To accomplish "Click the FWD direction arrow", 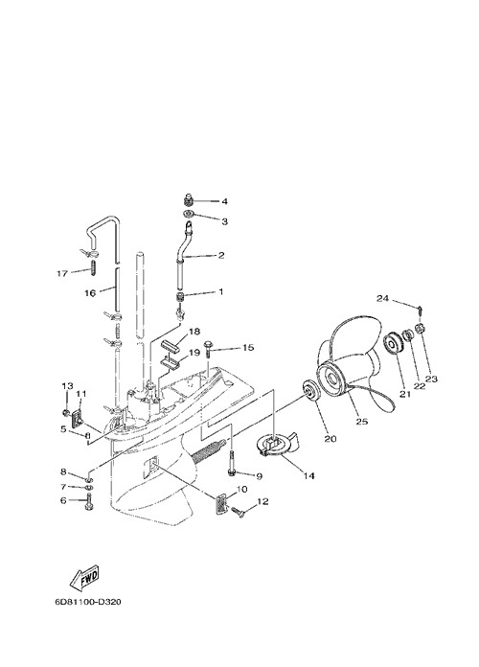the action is [84, 578].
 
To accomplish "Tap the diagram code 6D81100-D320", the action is [88, 602].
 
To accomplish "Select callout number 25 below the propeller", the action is [362, 422].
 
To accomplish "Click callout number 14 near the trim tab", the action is [308, 476].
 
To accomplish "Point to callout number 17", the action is [62, 273].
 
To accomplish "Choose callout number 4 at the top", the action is [224, 201].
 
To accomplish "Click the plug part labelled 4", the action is [189, 199].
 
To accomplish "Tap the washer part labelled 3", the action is [189, 214].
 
